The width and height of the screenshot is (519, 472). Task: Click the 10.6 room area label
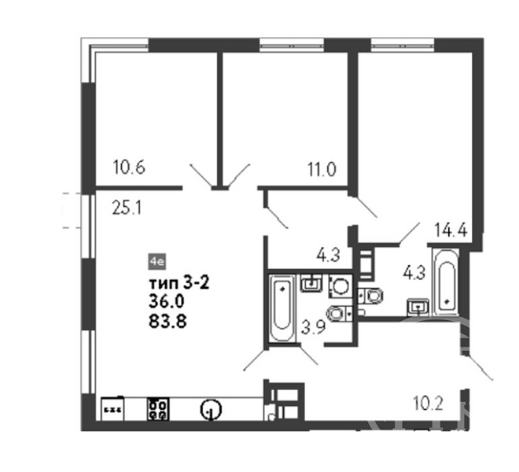click(x=129, y=168)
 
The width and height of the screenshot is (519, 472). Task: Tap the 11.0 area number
click(x=322, y=170)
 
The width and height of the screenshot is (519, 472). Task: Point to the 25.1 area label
click(x=127, y=208)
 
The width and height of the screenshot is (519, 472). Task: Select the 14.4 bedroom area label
click(x=451, y=230)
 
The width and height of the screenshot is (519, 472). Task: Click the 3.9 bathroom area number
click(x=313, y=327)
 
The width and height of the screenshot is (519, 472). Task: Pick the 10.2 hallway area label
click(x=428, y=404)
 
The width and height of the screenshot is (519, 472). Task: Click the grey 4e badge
click(x=157, y=262)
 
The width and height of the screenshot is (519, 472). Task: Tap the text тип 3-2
click(x=179, y=283)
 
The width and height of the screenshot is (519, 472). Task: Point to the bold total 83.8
click(x=167, y=321)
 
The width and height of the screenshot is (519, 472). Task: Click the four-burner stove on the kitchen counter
click(x=158, y=409)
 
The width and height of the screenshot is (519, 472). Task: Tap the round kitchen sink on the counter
click(x=211, y=409)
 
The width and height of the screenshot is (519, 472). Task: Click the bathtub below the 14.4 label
click(x=446, y=282)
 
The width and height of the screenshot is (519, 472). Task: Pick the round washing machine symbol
click(x=340, y=286)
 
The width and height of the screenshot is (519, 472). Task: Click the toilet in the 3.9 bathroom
click(x=339, y=313)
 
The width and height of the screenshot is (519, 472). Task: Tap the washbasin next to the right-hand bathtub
click(x=418, y=308)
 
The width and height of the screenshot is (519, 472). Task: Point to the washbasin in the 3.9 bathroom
click(x=311, y=283)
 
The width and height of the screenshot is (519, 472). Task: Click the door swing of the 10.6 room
click(x=201, y=175)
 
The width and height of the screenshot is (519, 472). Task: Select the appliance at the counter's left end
click(x=112, y=408)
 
